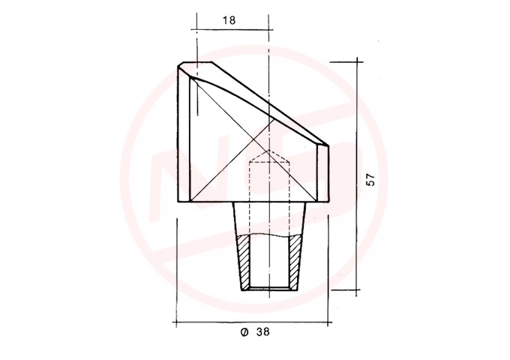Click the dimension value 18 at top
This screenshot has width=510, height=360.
click(x=229, y=20)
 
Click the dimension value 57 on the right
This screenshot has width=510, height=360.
click(x=370, y=180)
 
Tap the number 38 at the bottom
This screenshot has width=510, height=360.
click(x=263, y=332)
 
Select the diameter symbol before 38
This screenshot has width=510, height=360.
click(x=244, y=332)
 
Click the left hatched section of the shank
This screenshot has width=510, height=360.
click(x=244, y=262)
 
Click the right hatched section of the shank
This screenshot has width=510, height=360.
click(x=295, y=262)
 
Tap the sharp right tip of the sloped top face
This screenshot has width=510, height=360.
click(x=328, y=145)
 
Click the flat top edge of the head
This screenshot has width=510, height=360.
click(x=197, y=62)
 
